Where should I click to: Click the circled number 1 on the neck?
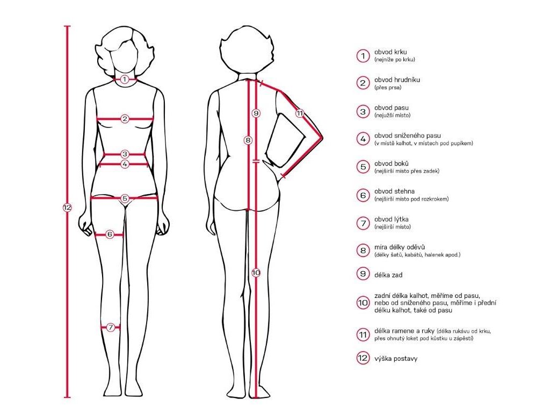(x=124, y=80)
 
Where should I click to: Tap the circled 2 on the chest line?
(x=125, y=119)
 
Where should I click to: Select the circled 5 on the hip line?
(x=125, y=198)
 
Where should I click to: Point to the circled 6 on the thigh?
(x=110, y=234)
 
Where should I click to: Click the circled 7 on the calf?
(x=111, y=326)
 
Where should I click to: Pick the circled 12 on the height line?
(x=67, y=208)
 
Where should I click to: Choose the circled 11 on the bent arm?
(x=299, y=113)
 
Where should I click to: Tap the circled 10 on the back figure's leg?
(x=256, y=273)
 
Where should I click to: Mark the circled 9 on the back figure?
(x=256, y=113)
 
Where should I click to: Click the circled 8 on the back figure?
(x=248, y=140)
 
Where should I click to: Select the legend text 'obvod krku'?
(x=390, y=52)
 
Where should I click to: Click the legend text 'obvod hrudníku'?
(x=397, y=80)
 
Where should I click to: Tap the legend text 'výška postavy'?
(x=396, y=358)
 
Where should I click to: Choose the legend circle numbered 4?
(x=363, y=139)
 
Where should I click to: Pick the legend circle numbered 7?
(x=363, y=223)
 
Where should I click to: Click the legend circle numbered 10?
(x=363, y=303)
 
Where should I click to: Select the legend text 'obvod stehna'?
(x=394, y=191)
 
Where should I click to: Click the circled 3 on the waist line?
(x=125, y=154)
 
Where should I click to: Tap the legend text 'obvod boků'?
(x=392, y=163)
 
